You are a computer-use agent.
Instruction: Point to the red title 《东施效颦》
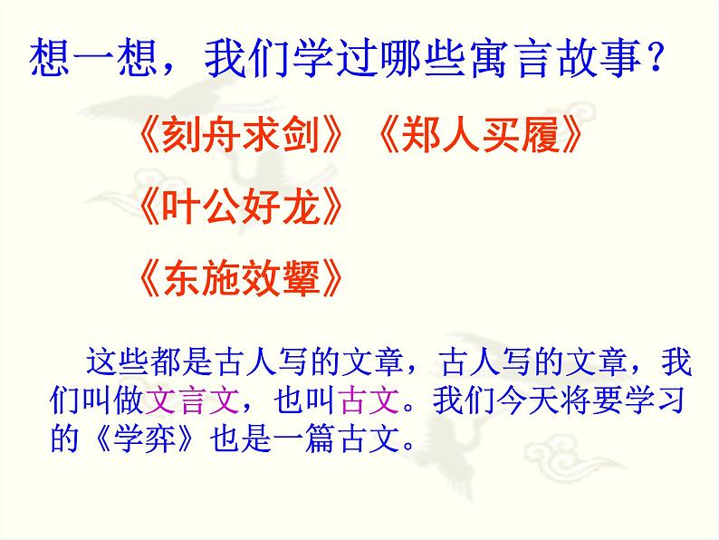(243, 276)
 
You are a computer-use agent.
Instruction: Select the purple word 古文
(365, 399)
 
